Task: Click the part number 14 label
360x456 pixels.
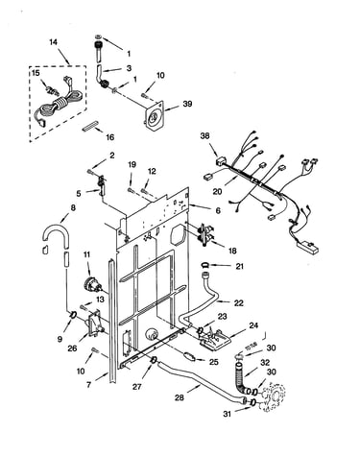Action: (54, 42)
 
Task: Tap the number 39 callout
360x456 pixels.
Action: (187, 104)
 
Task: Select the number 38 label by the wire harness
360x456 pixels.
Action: (204, 135)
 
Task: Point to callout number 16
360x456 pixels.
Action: (109, 137)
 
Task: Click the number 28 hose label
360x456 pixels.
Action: (180, 397)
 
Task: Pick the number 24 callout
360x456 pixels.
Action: (253, 325)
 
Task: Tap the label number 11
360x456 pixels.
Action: (86, 254)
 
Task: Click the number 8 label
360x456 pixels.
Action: (73, 207)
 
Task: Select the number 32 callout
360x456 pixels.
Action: (265, 363)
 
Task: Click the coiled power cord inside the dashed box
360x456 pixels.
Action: (60, 105)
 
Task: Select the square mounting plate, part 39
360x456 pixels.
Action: (155, 116)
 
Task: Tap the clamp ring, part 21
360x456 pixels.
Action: (204, 265)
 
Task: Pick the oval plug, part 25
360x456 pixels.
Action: (188, 356)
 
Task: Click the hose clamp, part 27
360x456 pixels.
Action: (154, 360)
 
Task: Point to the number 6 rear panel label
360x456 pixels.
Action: (218, 210)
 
